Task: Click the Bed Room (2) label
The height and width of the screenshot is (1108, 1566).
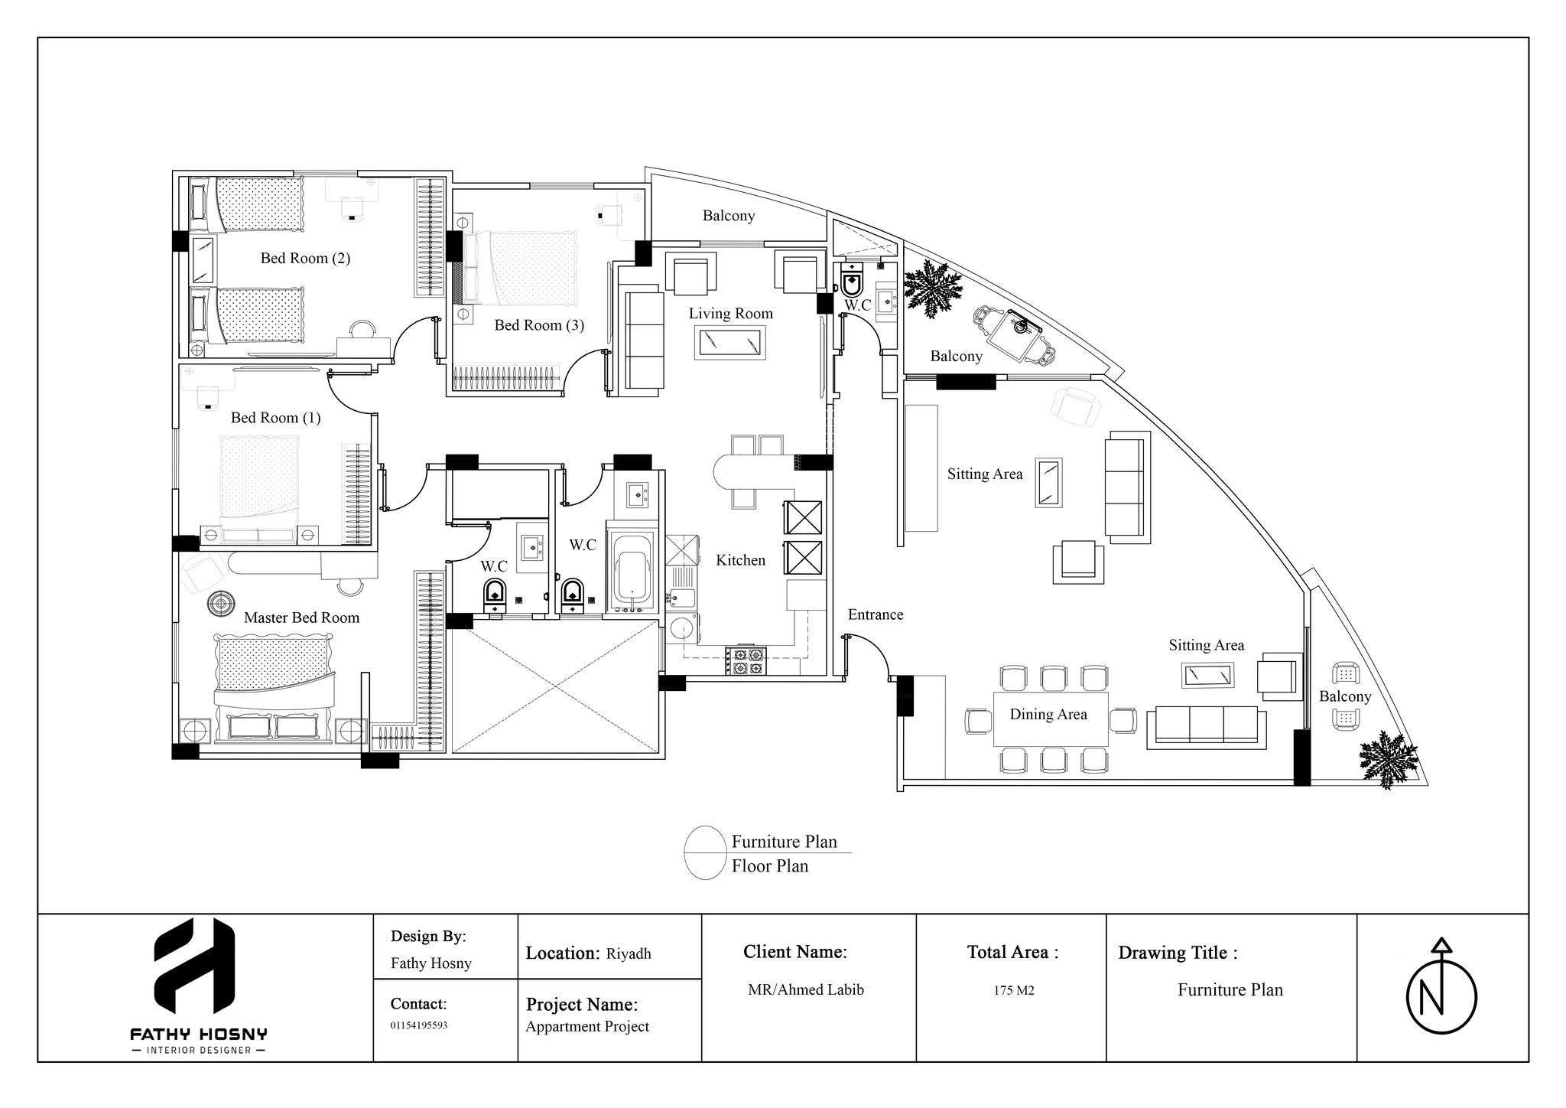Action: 305,258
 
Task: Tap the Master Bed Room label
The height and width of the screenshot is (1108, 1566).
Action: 301,618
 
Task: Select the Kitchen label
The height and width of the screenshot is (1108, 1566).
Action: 740,560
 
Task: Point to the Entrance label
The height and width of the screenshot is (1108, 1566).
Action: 876,614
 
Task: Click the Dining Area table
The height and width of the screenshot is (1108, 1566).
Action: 1050,719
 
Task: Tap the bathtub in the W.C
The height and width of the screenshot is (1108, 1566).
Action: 632,567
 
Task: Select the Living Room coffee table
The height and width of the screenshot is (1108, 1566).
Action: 730,342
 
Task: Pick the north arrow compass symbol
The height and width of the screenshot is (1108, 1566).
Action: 1441,996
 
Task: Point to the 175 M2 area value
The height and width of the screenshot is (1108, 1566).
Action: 1014,990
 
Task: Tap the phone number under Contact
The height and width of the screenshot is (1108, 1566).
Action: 419,1025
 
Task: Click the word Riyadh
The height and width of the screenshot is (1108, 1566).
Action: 629,953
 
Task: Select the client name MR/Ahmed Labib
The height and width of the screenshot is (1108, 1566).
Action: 806,989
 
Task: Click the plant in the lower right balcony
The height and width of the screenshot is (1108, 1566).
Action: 1386,758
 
